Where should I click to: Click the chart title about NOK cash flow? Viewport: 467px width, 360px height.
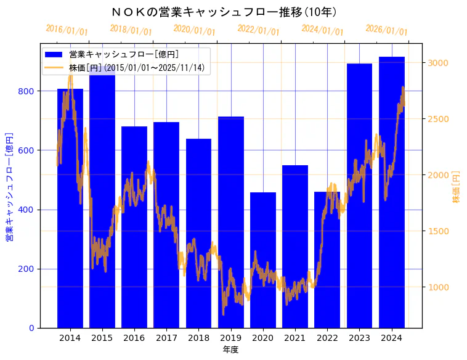[225, 12]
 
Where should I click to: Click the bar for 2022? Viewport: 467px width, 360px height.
[327, 260]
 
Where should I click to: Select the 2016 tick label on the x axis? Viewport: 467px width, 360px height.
[134, 338]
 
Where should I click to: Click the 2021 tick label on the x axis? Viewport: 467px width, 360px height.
[295, 338]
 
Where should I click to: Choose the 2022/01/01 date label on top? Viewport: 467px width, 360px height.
[258, 30]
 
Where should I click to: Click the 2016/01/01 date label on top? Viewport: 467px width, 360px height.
[67, 30]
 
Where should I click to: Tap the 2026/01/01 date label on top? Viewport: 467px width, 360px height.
[386, 30]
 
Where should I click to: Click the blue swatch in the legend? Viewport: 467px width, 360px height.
[54, 55]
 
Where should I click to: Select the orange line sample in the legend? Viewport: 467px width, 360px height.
[54, 68]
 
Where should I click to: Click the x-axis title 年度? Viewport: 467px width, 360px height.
[230, 350]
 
